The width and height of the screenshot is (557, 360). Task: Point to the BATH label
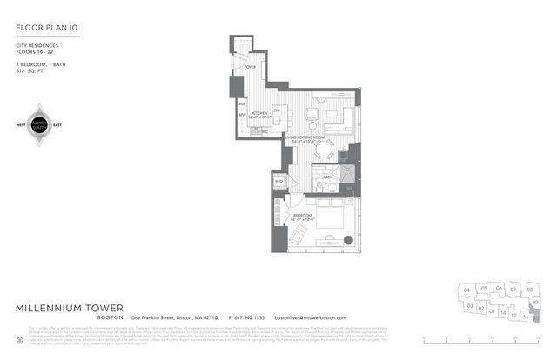click(x=328, y=177)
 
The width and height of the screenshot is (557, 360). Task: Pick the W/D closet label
click(x=279, y=182)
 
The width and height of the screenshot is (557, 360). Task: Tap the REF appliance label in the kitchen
click(x=243, y=103)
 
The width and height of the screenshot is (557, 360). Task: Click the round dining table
click(x=325, y=150)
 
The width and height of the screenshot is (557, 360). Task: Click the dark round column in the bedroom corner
click(x=348, y=241)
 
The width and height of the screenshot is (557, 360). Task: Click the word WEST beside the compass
click(x=21, y=123)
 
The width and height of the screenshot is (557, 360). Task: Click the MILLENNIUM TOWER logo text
click(x=70, y=309)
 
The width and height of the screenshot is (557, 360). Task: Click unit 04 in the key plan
click(x=467, y=289)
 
